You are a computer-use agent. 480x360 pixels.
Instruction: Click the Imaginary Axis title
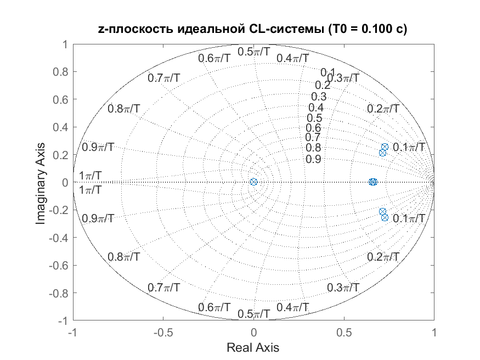41,184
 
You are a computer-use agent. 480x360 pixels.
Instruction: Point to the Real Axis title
253,347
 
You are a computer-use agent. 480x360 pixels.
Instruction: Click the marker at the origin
253,182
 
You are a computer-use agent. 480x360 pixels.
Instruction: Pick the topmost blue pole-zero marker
385,147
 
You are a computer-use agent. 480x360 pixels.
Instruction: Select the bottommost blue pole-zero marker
385,218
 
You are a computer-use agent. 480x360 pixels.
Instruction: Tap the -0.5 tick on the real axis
163,332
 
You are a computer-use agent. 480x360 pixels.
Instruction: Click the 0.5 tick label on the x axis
344,332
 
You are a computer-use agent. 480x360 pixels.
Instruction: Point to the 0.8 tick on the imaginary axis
60,72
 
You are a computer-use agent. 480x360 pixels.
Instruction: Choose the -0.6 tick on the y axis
59,265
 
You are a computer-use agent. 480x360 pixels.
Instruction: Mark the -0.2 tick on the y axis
59,210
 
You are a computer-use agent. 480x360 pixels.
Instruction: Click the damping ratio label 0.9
313,159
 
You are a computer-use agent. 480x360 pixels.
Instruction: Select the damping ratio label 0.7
313,137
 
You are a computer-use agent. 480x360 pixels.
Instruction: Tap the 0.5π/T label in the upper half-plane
254,52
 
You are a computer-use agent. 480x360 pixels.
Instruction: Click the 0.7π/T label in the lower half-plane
164,288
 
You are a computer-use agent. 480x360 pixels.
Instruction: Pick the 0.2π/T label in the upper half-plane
383,108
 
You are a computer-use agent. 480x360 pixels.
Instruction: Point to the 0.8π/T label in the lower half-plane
123,257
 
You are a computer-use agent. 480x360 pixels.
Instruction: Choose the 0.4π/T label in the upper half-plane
292,58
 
